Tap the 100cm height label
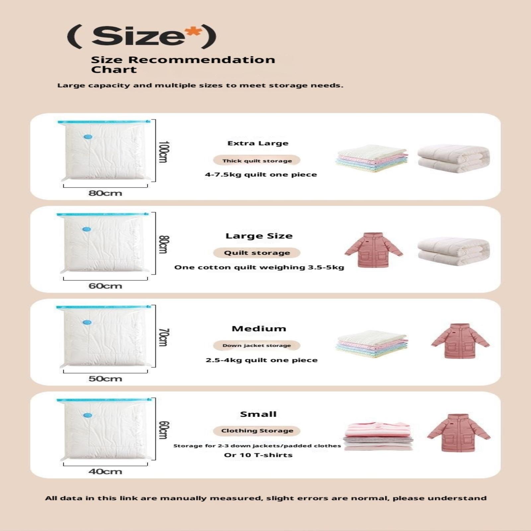(164, 152)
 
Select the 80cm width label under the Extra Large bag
(105, 193)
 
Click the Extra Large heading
(258, 143)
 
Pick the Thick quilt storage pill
(257, 161)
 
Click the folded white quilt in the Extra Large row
(453, 159)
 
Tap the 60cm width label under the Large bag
(105, 286)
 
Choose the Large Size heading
(259, 236)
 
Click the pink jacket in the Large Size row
(374, 250)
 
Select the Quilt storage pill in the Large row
(257, 253)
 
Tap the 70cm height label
(164, 337)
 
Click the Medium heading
(259, 329)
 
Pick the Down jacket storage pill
(257, 345)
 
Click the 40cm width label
(105, 471)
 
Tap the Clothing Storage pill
(257, 431)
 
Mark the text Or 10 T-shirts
(258, 455)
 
